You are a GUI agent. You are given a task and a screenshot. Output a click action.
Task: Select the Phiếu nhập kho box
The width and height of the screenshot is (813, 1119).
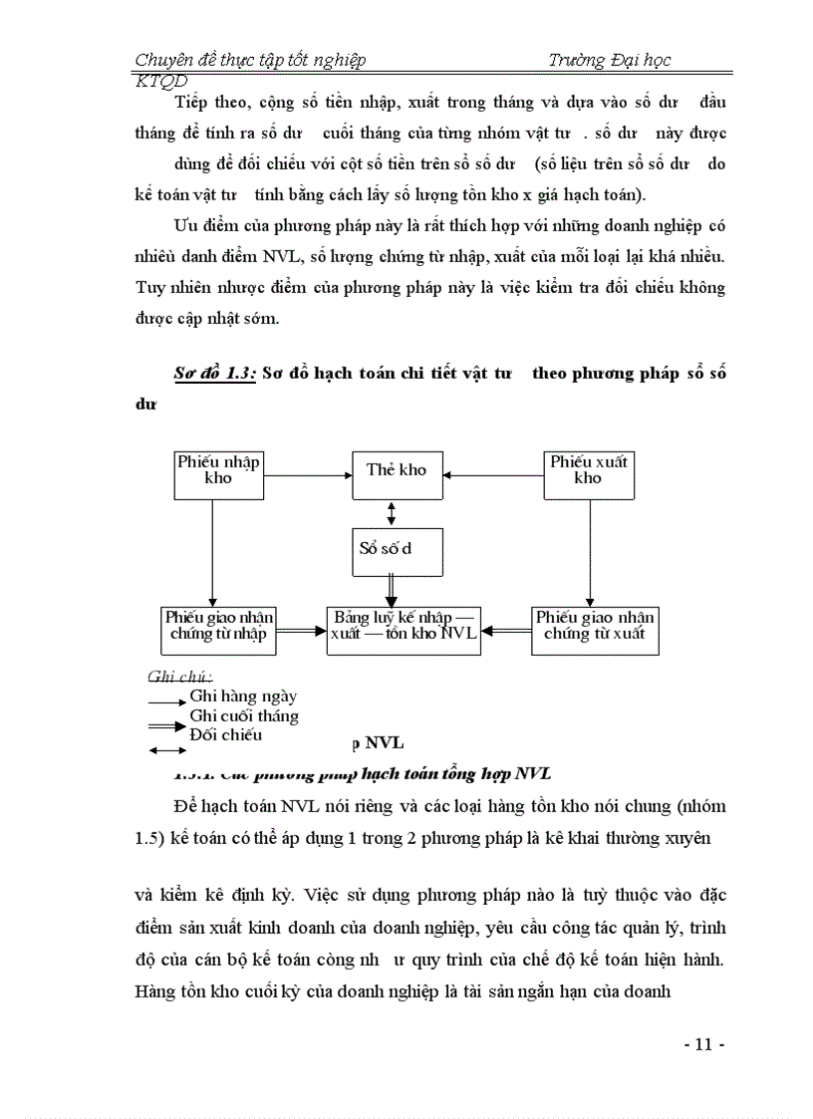pyautogui.click(x=218, y=474)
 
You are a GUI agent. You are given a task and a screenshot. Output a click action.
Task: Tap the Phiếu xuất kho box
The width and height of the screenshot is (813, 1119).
pyautogui.click(x=588, y=474)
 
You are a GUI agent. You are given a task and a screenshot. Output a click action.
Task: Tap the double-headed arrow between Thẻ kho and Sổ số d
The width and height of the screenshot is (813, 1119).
pyautogui.click(x=392, y=514)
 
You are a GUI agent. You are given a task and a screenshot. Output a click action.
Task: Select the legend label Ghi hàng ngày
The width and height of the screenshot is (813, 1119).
pyautogui.click(x=242, y=698)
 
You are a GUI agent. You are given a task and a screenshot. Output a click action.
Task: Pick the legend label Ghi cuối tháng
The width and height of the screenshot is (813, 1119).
pyautogui.click(x=243, y=715)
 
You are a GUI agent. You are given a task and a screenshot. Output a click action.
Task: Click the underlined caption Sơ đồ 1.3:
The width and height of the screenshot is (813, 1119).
pyautogui.click(x=215, y=374)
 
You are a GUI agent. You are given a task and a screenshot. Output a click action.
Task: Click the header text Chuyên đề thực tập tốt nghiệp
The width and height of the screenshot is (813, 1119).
pyautogui.click(x=250, y=60)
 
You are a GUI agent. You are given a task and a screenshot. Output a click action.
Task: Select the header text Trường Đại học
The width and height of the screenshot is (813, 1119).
pyautogui.click(x=609, y=60)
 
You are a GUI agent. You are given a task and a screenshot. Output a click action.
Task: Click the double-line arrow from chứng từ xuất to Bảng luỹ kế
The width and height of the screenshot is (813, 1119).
pyautogui.click(x=506, y=630)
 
